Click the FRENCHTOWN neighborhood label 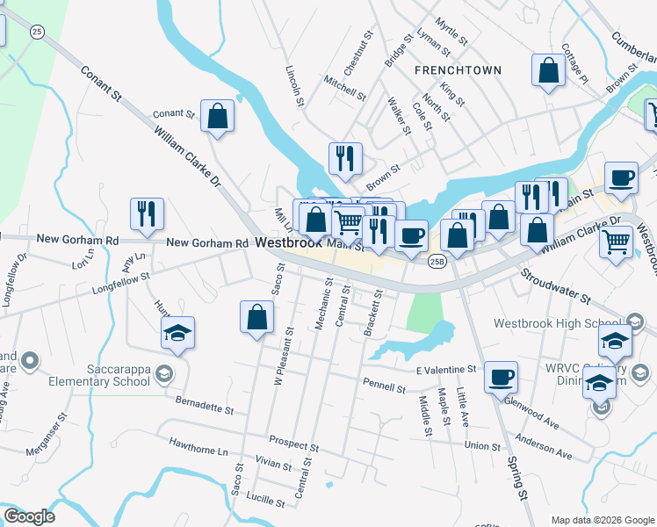[x=458, y=70]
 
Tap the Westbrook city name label [x=290, y=243]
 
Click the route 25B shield [x=437, y=261]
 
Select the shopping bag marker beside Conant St [x=217, y=116]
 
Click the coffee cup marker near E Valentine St [x=501, y=377]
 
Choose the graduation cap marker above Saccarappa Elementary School [x=177, y=333]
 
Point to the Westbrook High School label [x=547, y=323]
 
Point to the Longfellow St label [x=123, y=283]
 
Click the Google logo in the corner [x=30, y=516]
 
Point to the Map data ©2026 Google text [x=602, y=519]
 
